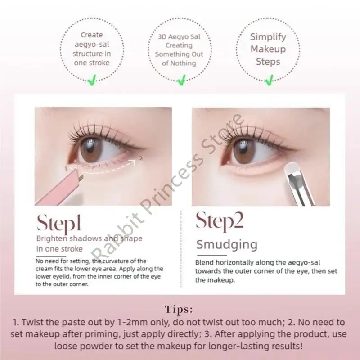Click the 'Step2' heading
[220, 222]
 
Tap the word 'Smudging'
[227, 245]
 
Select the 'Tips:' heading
[180, 309]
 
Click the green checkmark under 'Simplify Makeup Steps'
[269, 81]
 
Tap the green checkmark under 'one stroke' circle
[92, 81]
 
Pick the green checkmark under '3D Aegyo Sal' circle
[180, 81]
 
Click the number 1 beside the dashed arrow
[66, 168]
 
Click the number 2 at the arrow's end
[141, 158]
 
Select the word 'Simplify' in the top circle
[268, 37]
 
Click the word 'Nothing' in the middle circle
[184, 63]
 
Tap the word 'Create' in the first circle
[92, 35]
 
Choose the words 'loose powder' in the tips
[79, 346]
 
